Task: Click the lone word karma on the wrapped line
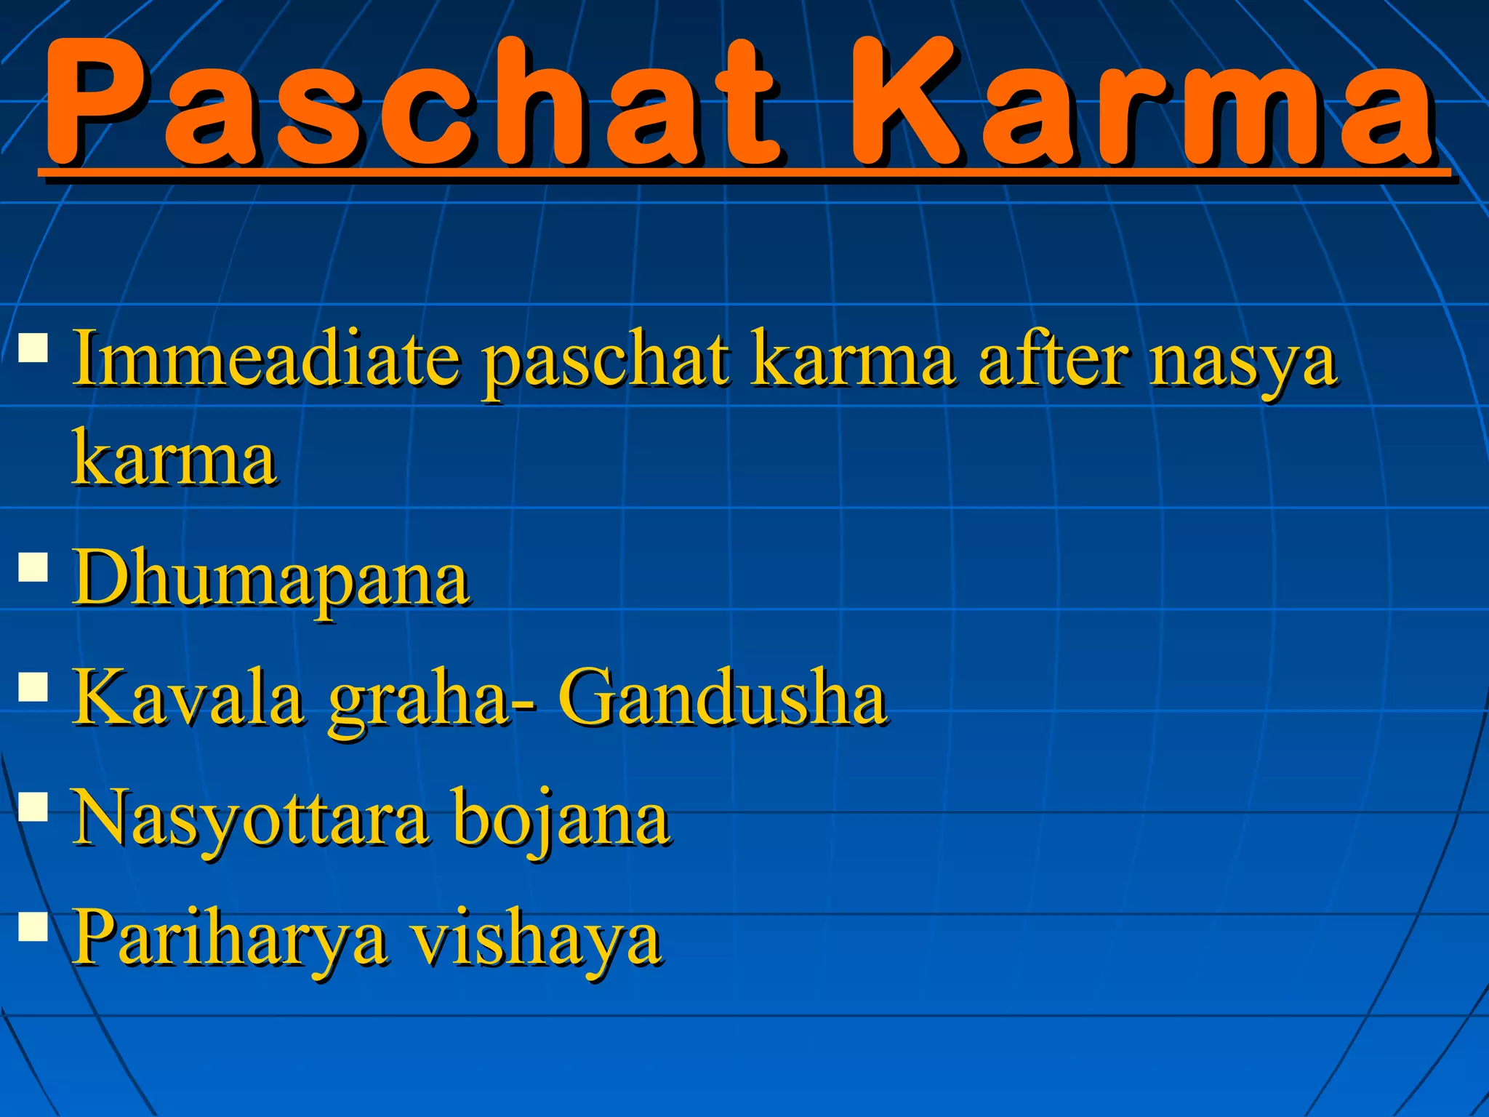(174, 459)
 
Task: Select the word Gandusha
(723, 698)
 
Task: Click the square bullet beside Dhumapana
(33, 566)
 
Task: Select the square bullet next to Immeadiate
(33, 348)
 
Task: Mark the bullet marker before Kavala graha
(33, 685)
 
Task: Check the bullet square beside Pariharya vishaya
(33, 926)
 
